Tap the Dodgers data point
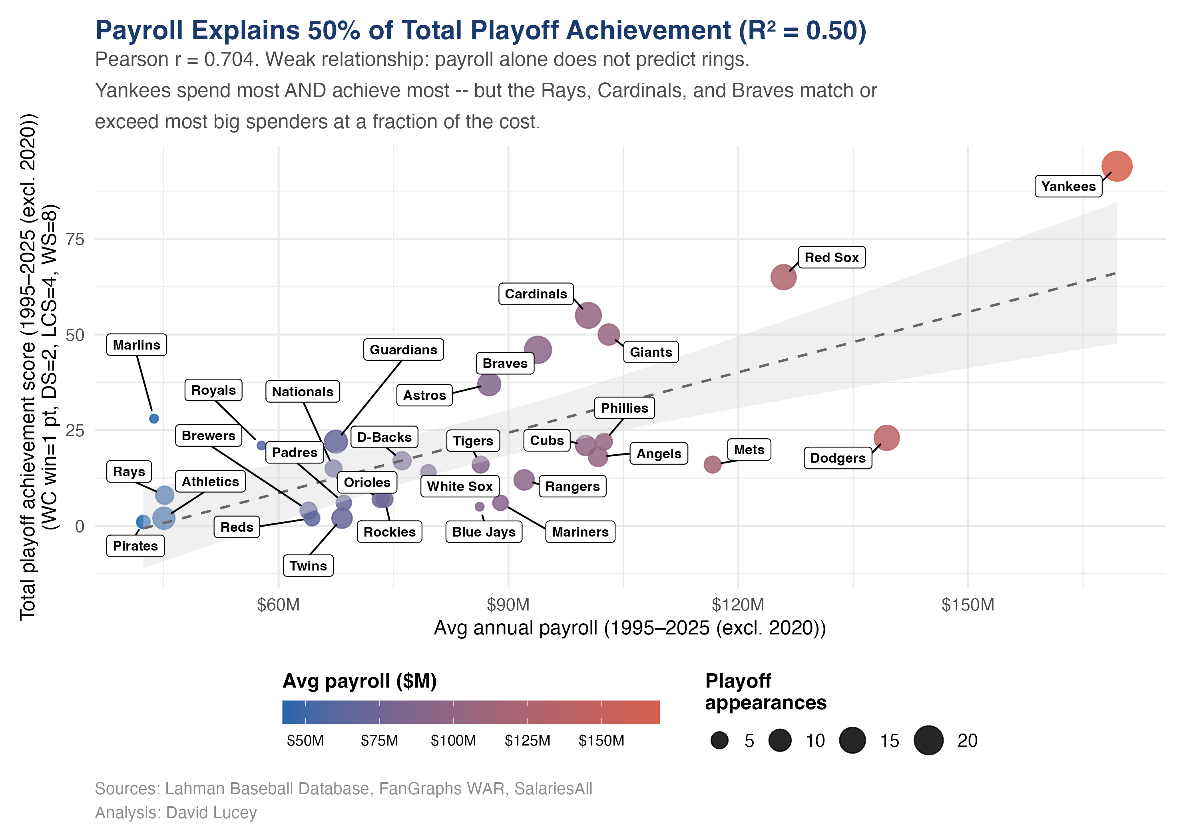pyautogui.click(x=886, y=437)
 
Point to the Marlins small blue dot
pyautogui.click(x=154, y=419)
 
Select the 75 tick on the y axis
pyautogui.click(x=75, y=239)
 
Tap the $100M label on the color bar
pyautogui.click(x=453, y=741)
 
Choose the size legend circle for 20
pyautogui.click(x=928, y=740)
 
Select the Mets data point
pyautogui.click(x=712, y=464)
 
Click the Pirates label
pyautogui.click(x=135, y=546)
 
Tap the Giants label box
pyautogui.click(x=650, y=352)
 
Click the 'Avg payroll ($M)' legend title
pyautogui.click(x=359, y=681)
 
